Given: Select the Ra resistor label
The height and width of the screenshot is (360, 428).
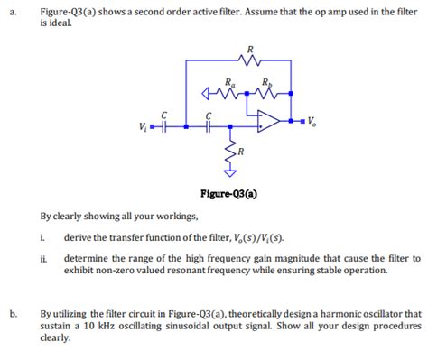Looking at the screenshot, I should click(x=231, y=79).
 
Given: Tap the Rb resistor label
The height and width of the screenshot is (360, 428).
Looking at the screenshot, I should click(x=264, y=79).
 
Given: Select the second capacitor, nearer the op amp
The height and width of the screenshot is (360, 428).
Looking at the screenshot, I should click(x=209, y=126).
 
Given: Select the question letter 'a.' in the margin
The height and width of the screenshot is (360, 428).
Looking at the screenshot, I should click(x=10, y=13).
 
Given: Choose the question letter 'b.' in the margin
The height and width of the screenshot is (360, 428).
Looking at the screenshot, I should click(x=11, y=314).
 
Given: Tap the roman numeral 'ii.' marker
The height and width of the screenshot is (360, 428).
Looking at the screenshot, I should click(x=43, y=258).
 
